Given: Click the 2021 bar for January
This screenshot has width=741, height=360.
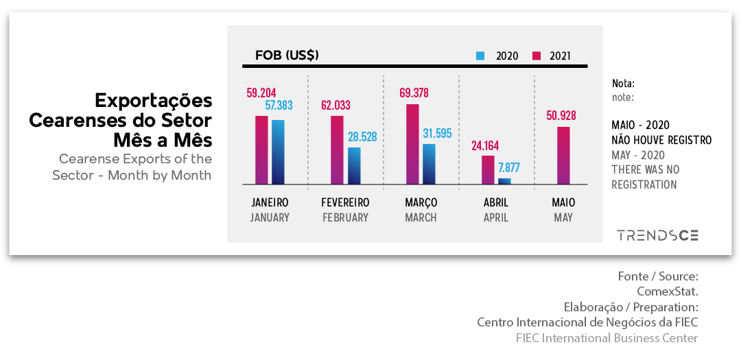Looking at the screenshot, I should tap(261, 150).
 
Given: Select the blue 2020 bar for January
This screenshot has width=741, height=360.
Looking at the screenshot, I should tap(278, 152).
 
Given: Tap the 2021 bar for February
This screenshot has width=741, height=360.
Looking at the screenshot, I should tap(337, 150).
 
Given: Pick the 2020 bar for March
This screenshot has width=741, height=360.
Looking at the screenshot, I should tap(429, 165).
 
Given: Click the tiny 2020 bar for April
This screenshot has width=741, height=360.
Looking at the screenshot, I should tap(504, 181).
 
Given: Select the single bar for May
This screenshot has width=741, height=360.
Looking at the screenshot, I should tap(563, 156).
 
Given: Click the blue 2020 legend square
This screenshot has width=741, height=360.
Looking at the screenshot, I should tap(480, 56).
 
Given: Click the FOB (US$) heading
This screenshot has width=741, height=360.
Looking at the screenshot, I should tap(287, 55).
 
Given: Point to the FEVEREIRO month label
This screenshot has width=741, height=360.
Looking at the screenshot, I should tap(345, 203).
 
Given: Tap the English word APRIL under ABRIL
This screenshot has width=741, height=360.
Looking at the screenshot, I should tap(496, 218).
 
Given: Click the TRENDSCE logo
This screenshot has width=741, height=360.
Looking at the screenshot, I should tap(657, 235).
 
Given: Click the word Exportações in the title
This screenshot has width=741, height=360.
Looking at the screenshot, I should tap(153, 101).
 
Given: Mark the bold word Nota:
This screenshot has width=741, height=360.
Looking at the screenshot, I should tap(623, 84).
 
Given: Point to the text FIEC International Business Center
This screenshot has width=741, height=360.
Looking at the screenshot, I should tap(607, 338).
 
